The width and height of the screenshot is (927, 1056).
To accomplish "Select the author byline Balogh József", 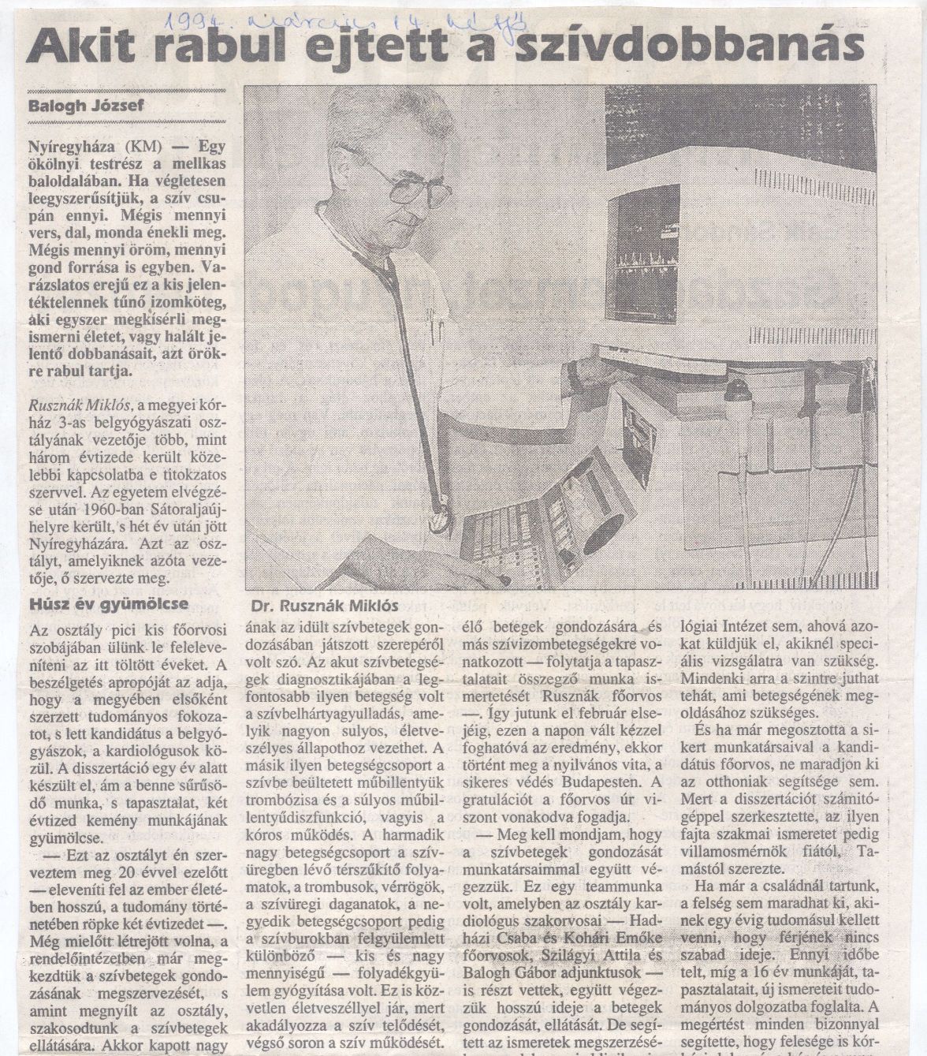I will tap(86, 105).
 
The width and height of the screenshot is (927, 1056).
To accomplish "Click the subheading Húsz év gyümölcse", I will tap(97, 605).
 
